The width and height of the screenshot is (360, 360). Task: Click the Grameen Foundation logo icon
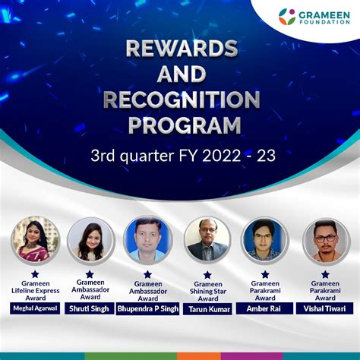click(x=287, y=16)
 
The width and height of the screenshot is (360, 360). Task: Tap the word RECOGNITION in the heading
click(x=181, y=99)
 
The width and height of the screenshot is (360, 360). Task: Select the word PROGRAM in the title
click(x=181, y=124)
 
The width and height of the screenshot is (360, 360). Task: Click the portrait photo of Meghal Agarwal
click(x=35, y=240)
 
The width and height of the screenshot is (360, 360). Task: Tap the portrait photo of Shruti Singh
click(x=90, y=240)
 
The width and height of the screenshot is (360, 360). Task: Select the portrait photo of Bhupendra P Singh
click(x=148, y=240)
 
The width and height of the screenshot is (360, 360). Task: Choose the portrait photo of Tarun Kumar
click(x=207, y=240)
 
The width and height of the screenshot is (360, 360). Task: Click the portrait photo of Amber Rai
click(x=265, y=240)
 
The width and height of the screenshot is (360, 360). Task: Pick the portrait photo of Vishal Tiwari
click(x=326, y=240)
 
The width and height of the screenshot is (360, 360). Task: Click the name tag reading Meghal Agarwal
click(x=35, y=308)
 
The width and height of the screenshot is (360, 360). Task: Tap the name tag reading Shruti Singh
click(x=90, y=308)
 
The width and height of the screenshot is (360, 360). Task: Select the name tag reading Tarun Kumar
click(x=207, y=309)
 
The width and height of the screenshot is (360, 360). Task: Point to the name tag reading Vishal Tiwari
click(x=326, y=308)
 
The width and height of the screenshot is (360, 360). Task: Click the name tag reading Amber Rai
click(x=265, y=308)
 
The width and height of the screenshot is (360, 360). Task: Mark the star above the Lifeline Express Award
click(x=35, y=273)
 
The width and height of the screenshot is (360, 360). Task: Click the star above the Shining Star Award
click(x=207, y=274)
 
